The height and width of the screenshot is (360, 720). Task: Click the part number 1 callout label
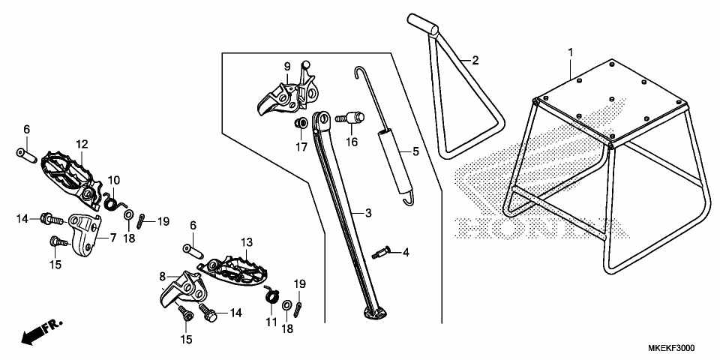click(570, 52)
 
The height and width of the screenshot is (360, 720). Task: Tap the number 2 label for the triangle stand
click(475, 60)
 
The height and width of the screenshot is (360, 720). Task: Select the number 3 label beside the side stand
click(368, 213)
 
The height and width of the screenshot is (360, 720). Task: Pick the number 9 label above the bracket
click(286, 67)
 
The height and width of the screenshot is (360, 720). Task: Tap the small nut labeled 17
click(299, 122)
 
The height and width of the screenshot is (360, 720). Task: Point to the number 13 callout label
click(247, 242)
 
